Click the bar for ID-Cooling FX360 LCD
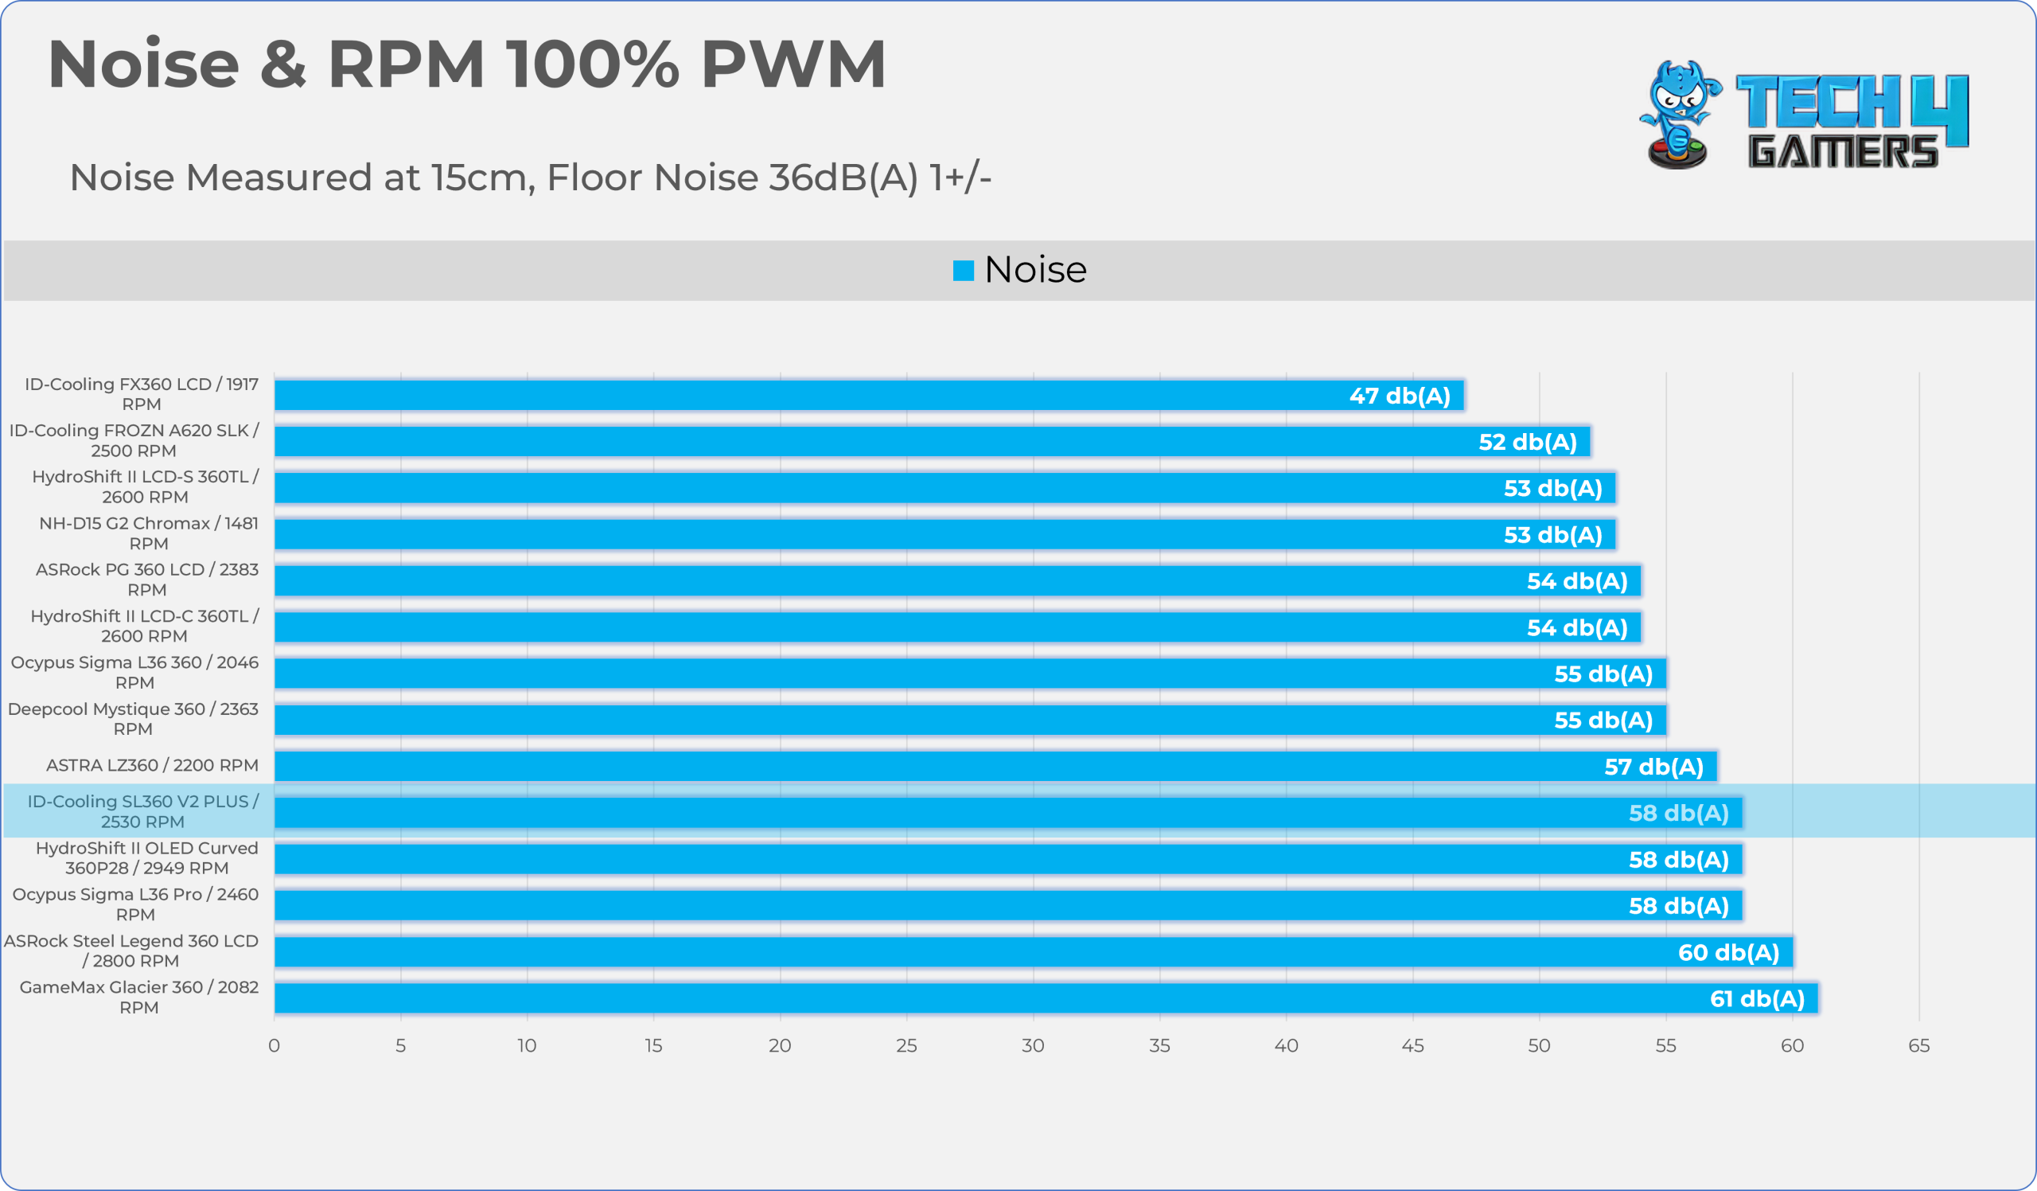pyautogui.click(x=869, y=396)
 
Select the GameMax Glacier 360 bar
pyautogui.click(x=1046, y=998)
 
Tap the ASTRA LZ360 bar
pyautogui.click(x=996, y=767)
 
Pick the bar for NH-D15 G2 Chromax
pyautogui.click(x=945, y=534)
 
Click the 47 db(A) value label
pyautogui.click(x=1400, y=396)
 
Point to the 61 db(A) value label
pyautogui.click(x=1758, y=999)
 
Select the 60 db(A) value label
pyautogui.click(x=1729, y=952)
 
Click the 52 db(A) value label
pyautogui.click(x=1528, y=443)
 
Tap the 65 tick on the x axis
pyautogui.click(x=1919, y=1046)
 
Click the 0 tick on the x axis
pyautogui.click(x=274, y=1046)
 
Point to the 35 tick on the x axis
pyautogui.click(x=1159, y=1046)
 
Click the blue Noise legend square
pyautogui.click(x=964, y=270)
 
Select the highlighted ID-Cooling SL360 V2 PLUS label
pyautogui.click(x=143, y=811)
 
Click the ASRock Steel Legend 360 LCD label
pyautogui.click(x=131, y=951)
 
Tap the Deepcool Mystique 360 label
pyautogui.click(x=134, y=719)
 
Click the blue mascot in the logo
pyautogui.click(x=1680, y=115)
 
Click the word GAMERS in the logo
pyautogui.click(x=1843, y=151)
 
